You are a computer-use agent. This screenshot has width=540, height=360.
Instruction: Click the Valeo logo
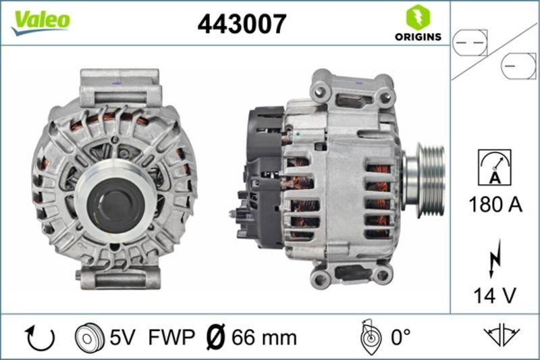(40, 20)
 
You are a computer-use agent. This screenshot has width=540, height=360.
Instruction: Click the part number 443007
(241, 24)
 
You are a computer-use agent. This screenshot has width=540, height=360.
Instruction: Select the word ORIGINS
(418, 36)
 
